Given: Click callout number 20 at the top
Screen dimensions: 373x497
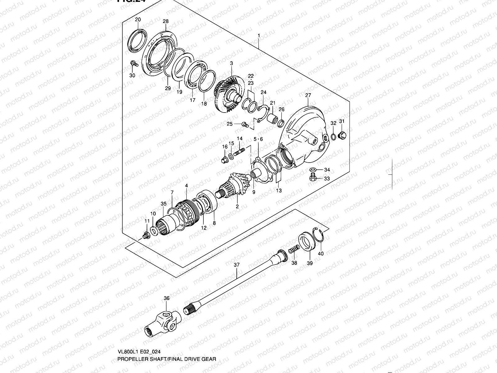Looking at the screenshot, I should click(x=138, y=20).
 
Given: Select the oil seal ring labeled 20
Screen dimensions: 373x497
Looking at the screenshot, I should click(x=136, y=39).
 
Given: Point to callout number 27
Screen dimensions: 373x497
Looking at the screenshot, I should click(x=308, y=95).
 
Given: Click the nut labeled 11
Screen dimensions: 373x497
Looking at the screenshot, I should click(x=145, y=236).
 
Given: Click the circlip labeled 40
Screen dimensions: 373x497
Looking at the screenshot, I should click(x=319, y=236).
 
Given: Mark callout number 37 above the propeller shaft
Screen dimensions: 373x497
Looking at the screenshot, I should click(x=237, y=265).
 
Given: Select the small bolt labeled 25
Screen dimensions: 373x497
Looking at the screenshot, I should click(x=245, y=125).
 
